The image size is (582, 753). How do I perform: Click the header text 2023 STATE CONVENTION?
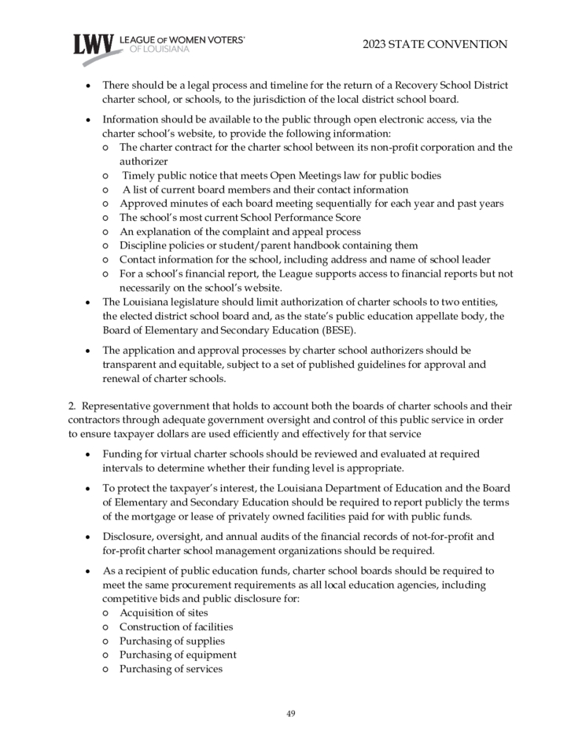tap(435, 45)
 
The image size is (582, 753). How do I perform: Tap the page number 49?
tap(290, 714)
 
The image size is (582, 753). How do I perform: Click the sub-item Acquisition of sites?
tap(164, 612)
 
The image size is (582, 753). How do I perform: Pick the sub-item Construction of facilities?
tap(175, 626)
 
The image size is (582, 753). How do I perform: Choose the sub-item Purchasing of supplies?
tap(171, 641)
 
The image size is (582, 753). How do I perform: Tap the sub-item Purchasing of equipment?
tap(178, 655)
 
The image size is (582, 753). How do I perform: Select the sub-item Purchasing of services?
tap(171, 669)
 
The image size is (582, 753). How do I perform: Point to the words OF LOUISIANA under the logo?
tap(158, 49)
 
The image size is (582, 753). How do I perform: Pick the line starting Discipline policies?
tap(268, 245)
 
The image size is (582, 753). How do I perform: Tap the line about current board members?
tap(265, 189)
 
